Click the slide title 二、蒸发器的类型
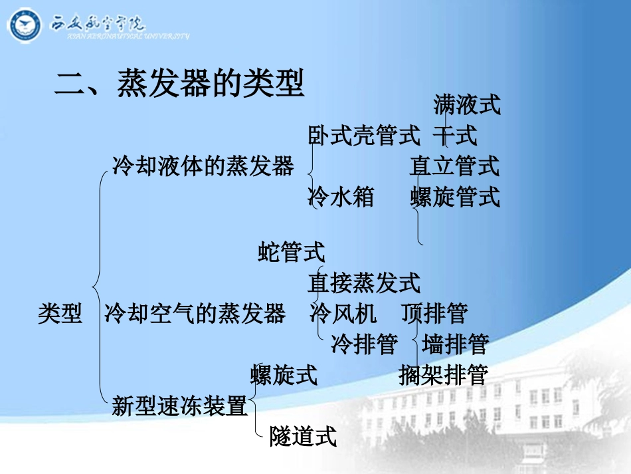pos(179,84)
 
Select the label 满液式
pos(466,104)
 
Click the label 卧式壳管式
pos(363,136)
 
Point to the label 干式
pos(455,136)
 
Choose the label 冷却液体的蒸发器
pos(203,166)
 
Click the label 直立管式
pos(454,166)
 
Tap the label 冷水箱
pos(341,197)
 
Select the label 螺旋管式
pos(455,197)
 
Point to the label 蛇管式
pos(292,252)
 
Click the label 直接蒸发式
pos(363,283)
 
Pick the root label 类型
pos(60,313)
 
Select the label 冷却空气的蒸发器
pos(195,313)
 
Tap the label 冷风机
pos(343,313)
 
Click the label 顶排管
pos(434,313)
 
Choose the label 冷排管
pos(364,344)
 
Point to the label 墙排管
pos(455,344)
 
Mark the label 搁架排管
pos(444,375)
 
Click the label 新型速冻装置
pos(179,406)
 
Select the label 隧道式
pos(303,437)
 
